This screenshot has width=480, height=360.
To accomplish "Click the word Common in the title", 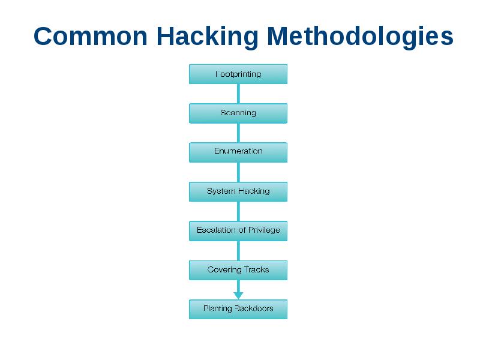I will click(92, 37).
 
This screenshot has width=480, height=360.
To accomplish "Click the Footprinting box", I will click(238, 74).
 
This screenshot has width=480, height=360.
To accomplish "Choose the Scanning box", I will click(238, 113).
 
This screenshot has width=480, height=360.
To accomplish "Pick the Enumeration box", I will click(238, 152).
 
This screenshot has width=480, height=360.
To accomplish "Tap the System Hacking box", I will click(238, 191).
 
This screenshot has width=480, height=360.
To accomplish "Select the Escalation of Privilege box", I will click(238, 230).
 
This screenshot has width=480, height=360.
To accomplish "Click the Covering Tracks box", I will click(238, 270).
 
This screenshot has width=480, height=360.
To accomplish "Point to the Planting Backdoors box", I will click(238, 309).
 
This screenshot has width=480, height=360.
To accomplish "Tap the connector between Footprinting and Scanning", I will click(238, 94).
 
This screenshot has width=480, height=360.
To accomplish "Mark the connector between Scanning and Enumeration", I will click(238, 133).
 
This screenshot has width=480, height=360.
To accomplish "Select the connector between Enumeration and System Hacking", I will click(238, 172).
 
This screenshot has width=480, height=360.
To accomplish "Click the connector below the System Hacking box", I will click(238, 211).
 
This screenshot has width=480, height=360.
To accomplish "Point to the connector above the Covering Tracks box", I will click(238, 250).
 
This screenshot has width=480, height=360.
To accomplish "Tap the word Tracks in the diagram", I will click(256, 270).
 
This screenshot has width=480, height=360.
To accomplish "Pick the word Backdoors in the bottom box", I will click(254, 309).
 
